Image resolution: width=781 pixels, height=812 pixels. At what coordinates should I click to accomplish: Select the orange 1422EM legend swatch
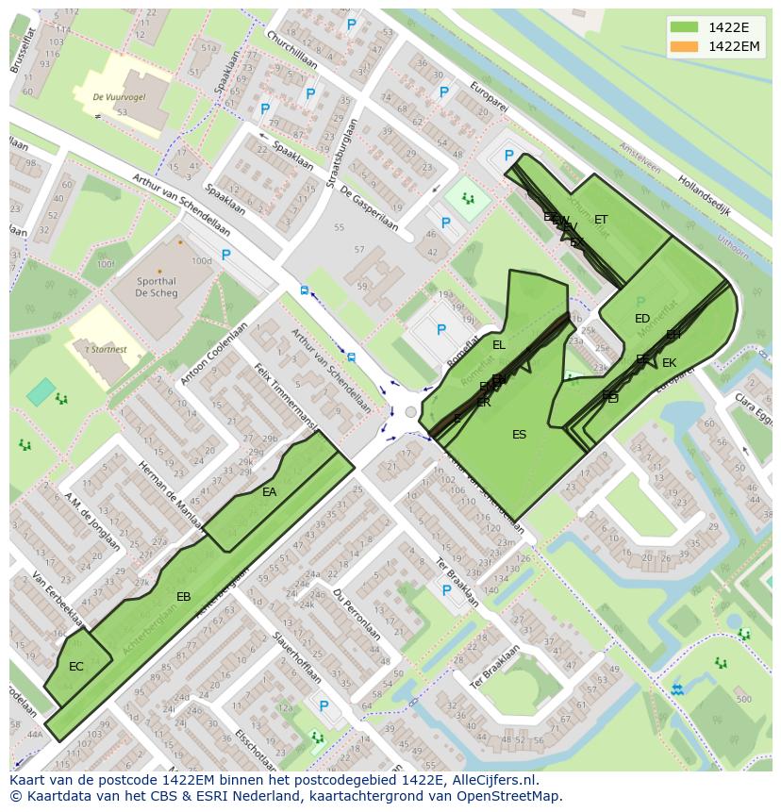click(x=685, y=47)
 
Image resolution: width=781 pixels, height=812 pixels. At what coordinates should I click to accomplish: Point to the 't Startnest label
click(x=106, y=350)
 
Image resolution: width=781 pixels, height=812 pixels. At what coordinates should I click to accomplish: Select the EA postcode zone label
click(x=270, y=491)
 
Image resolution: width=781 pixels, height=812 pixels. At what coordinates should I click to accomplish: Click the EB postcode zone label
click(x=184, y=596)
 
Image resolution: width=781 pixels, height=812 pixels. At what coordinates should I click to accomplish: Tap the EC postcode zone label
click(x=76, y=666)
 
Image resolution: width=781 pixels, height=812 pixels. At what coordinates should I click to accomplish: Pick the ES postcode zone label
click(x=519, y=435)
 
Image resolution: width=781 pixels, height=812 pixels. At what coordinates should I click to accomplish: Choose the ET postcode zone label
click(x=601, y=220)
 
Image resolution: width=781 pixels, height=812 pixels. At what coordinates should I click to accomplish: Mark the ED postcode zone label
click(x=642, y=319)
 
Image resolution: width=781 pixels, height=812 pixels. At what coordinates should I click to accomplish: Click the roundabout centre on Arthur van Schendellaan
click(x=409, y=412)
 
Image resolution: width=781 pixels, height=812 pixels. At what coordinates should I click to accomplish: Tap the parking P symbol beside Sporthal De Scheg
click(x=225, y=255)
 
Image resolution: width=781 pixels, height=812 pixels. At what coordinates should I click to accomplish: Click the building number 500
click(x=743, y=699)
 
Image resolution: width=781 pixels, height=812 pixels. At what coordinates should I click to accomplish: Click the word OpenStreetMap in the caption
click(x=508, y=795)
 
